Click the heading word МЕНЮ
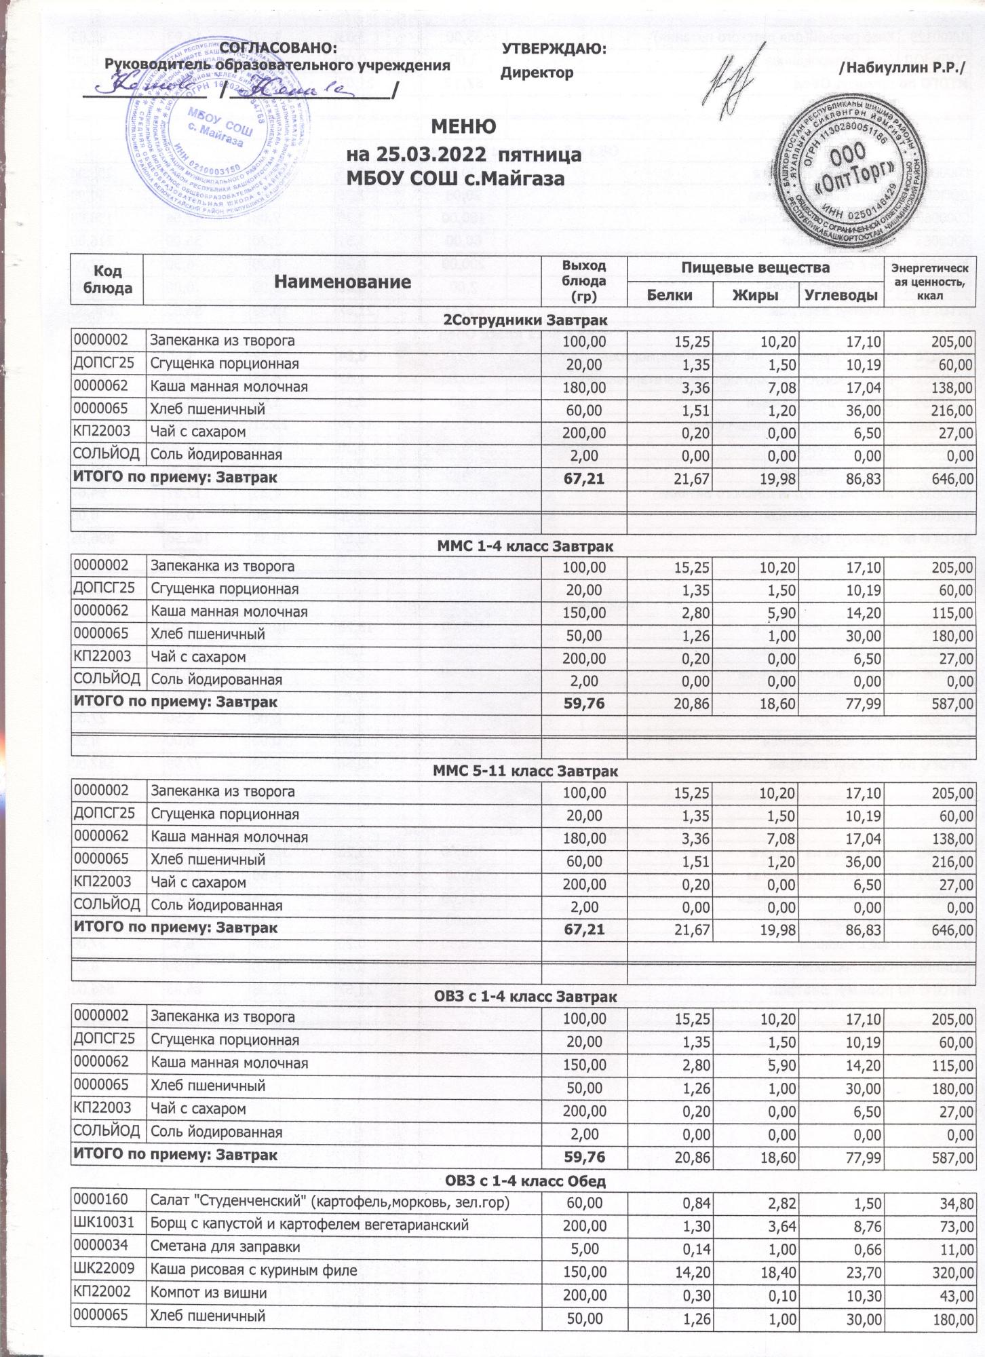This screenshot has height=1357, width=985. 464,127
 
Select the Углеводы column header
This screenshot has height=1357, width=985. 842,294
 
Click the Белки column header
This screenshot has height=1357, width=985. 670,294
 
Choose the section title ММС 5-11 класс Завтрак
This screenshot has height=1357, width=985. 525,771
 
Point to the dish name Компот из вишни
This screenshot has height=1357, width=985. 204,1293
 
